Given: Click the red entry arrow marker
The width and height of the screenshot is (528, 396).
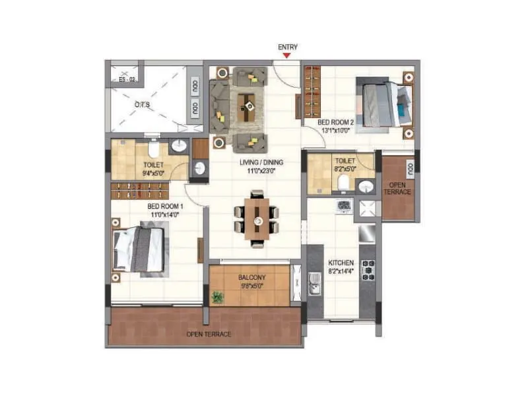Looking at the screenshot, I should pos(286,55).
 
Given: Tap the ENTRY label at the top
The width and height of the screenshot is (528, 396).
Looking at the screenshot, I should pos(288,47).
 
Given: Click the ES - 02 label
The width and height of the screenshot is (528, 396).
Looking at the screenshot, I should pos(127,79).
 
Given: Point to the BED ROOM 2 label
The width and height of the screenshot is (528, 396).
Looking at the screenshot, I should pos(336,123).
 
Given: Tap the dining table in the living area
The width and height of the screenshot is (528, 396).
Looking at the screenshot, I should pos(256,218).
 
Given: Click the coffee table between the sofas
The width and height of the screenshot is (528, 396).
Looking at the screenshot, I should pos(247,105).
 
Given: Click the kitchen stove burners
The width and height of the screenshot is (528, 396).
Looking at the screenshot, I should pos(368,271).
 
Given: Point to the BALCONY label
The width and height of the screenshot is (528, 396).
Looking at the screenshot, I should pos(252,278).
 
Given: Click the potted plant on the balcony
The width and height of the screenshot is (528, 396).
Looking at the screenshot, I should pos(217,298).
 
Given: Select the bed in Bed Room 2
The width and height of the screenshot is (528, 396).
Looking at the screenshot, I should pos(383,103).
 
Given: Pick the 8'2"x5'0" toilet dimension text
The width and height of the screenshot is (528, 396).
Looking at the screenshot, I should pos(345,170).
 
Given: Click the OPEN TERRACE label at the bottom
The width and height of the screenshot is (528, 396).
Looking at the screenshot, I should pos(209,335).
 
